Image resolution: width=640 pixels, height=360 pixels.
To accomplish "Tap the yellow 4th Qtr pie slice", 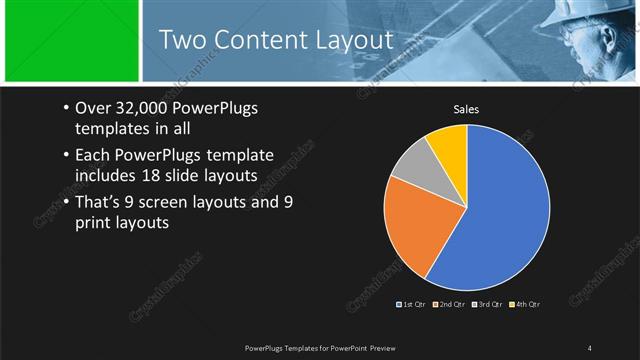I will [x=448, y=146].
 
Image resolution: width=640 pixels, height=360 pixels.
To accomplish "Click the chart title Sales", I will [x=466, y=109].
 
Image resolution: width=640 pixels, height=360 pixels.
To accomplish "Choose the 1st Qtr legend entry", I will [x=413, y=303].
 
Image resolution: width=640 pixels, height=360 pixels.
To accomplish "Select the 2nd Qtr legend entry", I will [x=450, y=303].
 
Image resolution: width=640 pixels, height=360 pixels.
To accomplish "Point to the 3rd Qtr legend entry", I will [x=487, y=303].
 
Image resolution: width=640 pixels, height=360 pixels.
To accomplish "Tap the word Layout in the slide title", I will [x=351, y=39].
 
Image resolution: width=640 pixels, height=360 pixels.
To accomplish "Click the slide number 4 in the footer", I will [x=590, y=347].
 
